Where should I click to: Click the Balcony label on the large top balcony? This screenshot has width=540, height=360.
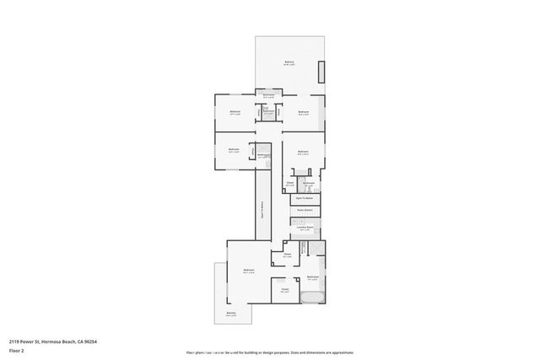click(289, 63)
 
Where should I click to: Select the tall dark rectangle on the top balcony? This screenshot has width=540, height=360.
click(320, 72)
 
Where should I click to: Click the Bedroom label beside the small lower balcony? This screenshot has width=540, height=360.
click(249, 271)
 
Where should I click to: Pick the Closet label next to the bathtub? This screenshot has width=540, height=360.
click(285, 291)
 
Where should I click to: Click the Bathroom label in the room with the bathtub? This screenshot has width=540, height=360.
click(312, 277)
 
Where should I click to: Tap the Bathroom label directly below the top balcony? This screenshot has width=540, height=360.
click(268, 95)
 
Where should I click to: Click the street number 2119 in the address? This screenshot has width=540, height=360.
click(15, 341)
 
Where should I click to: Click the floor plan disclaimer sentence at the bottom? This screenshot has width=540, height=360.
click(270, 352)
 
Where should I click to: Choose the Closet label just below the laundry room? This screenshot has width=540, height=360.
click(287, 255)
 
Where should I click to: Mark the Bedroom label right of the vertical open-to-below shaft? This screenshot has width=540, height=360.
click(302, 153)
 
